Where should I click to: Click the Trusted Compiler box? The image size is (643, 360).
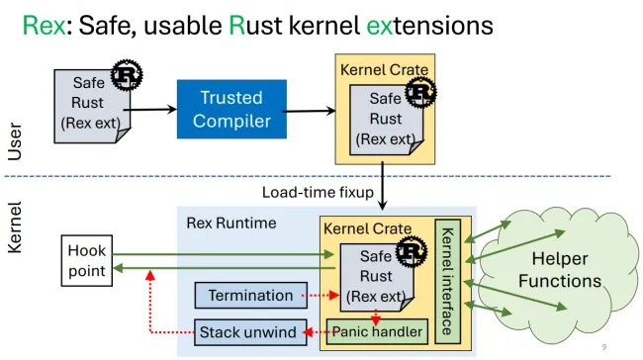click(x=230, y=109)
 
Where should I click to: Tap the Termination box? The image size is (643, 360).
click(x=249, y=295)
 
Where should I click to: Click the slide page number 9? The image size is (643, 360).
click(x=604, y=347)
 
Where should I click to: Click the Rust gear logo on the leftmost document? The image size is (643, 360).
click(x=126, y=74)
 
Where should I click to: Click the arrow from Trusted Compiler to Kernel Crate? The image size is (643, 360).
click(x=309, y=110)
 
